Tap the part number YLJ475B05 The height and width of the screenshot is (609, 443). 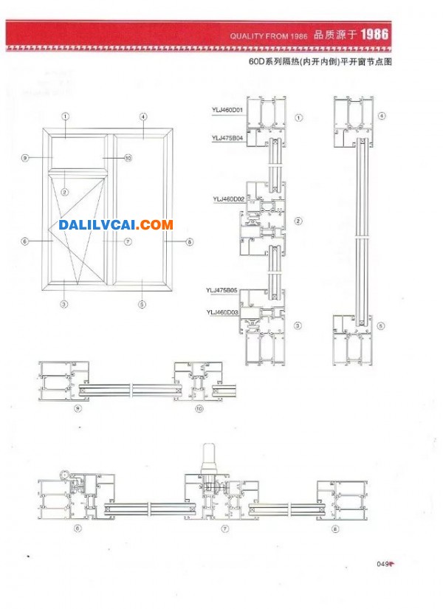(221, 291)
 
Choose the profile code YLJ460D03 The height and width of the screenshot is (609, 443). (222, 312)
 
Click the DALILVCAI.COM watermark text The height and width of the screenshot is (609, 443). (115, 224)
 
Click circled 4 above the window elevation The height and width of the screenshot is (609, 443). (143, 116)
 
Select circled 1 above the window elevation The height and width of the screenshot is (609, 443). (65, 116)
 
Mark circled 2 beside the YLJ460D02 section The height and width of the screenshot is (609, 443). (298, 221)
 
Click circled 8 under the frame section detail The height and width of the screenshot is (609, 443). (334, 528)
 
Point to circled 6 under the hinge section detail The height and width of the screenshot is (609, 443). (77, 529)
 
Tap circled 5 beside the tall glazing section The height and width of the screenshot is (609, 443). (380, 326)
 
